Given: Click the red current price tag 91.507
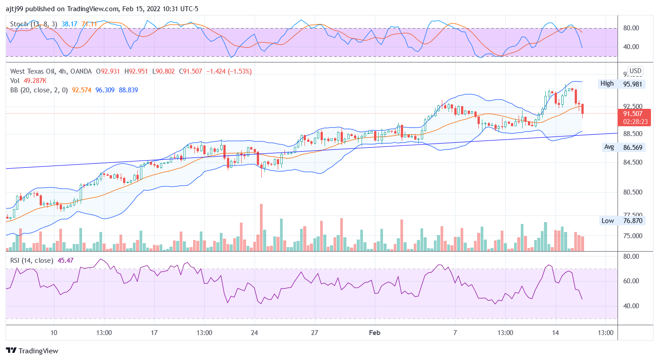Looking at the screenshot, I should pos(633,114).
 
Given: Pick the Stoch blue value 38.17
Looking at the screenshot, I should pos(70,24).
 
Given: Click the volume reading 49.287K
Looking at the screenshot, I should pos(36,81).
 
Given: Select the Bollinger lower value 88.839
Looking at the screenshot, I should pos(128,90).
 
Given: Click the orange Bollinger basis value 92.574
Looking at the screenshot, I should pos(82,90).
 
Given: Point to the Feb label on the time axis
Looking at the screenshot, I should pos(375,333).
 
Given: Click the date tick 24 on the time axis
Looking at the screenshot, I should pos(255,333).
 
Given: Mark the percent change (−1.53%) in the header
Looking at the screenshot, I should pos(239,71).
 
